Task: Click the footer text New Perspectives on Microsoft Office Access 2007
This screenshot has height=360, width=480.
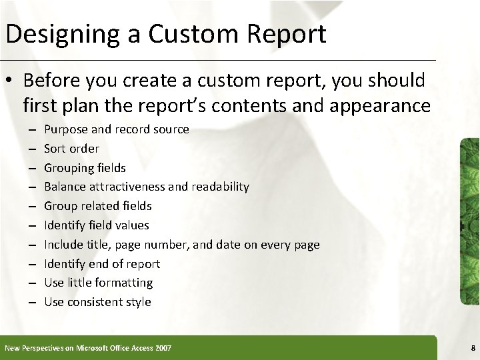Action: pyautogui.click(x=88, y=347)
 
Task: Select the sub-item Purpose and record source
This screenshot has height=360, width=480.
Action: pyautogui.click(x=117, y=129)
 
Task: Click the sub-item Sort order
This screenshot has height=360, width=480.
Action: pyautogui.click(x=71, y=148)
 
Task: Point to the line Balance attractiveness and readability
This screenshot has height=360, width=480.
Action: pyautogui.click(x=146, y=187)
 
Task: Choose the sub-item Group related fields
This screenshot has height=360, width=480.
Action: pyautogui.click(x=97, y=206)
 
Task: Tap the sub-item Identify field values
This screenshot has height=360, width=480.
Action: pyautogui.click(x=97, y=225)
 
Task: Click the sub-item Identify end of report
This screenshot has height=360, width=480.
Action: pyautogui.click(x=102, y=264)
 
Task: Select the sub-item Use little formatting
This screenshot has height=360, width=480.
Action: pyautogui.click(x=98, y=283)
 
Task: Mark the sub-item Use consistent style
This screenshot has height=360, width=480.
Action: pyautogui.click(x=97, y=302)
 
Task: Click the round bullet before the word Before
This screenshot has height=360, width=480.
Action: pyautogui.click(x=10, y=81)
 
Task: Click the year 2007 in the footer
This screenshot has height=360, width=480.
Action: pyautogui.click(x=162, y=347)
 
